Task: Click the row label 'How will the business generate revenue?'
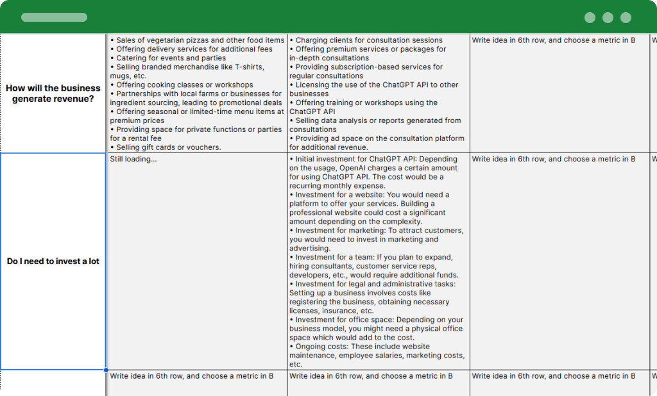53,94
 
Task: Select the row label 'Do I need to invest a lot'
53,261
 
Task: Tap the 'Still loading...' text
133,159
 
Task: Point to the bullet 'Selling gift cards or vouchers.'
168,147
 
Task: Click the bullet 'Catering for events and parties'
171,58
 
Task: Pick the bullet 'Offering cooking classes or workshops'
185,85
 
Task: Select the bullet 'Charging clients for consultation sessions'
369,40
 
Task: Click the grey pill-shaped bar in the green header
55,17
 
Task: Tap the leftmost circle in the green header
590,18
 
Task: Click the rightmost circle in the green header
626,18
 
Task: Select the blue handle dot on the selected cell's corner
106,370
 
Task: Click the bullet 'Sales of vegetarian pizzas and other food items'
200,40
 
